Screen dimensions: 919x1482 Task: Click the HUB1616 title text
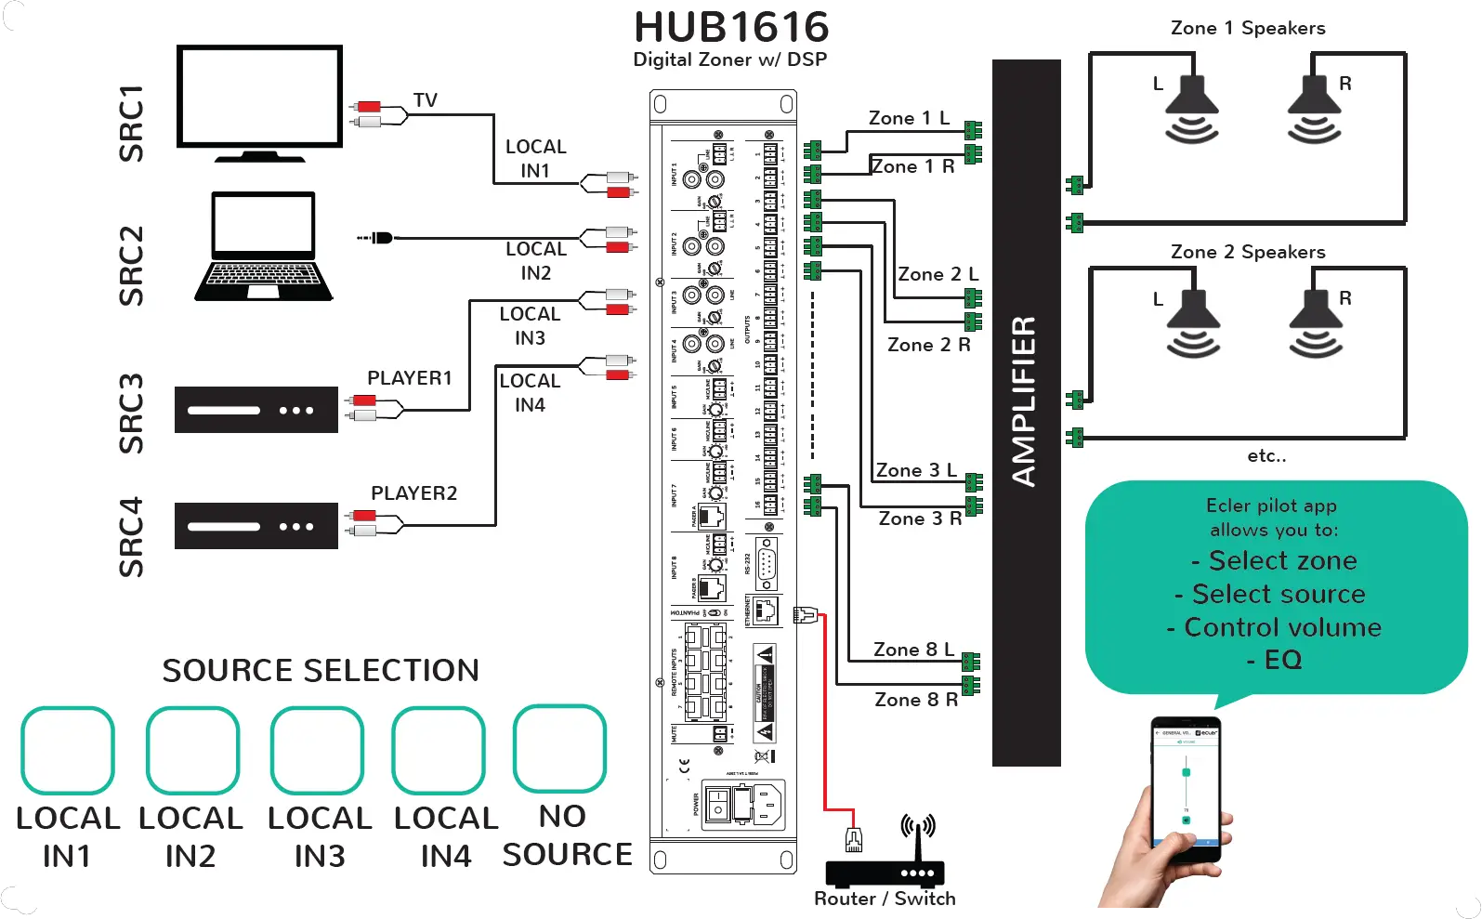[731, 27]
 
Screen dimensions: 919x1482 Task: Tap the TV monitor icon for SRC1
[259, 98]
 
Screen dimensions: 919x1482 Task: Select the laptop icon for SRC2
[263, 246]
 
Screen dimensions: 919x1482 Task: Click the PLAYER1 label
[409, 378]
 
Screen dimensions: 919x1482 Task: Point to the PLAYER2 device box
[256, 526]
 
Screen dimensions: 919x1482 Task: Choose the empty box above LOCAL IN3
[317, 751]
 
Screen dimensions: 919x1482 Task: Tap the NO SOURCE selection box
[559, 748]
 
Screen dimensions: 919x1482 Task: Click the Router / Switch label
[884, 899]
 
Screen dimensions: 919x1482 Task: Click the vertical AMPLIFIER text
[1025, 401]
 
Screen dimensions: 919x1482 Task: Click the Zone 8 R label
[915, 700]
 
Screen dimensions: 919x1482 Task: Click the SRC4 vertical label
[131, 537]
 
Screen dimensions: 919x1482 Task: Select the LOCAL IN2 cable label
[535, 261]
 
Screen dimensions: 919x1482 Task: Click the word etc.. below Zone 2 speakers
[1266, 456]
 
